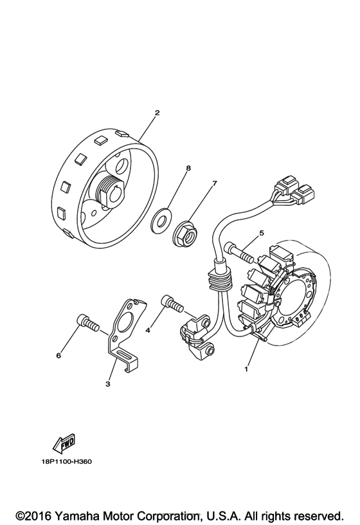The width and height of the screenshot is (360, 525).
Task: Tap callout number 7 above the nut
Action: [x=215, y=183]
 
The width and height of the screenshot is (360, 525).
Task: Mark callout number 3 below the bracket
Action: [x=108, y=384]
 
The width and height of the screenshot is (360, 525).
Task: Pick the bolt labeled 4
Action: [x=170, y=302]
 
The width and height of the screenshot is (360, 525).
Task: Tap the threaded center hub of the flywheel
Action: [x=107, y=191]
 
